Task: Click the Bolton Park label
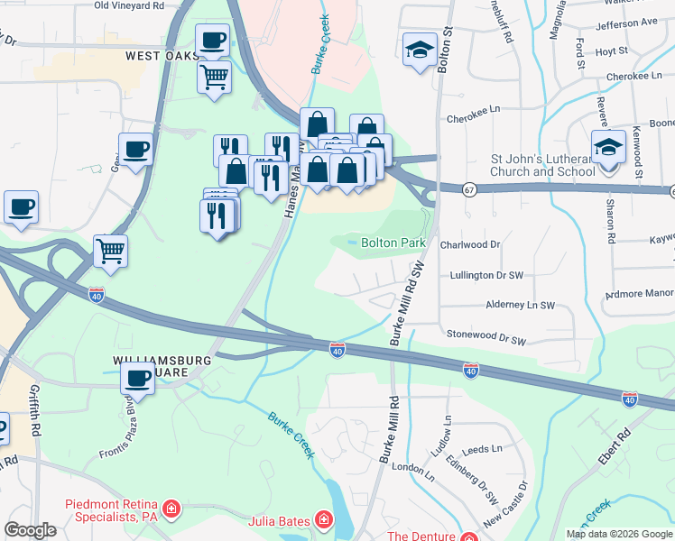coord(393,243)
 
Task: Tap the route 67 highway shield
coord(469,188)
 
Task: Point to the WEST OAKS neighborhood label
coord(162,56)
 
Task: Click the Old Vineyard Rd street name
coord(129,5)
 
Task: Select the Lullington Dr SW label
coord(483,274)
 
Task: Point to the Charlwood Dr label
coord(469,244)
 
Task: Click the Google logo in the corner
coord(30,530)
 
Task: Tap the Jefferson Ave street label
coord(626,22)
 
